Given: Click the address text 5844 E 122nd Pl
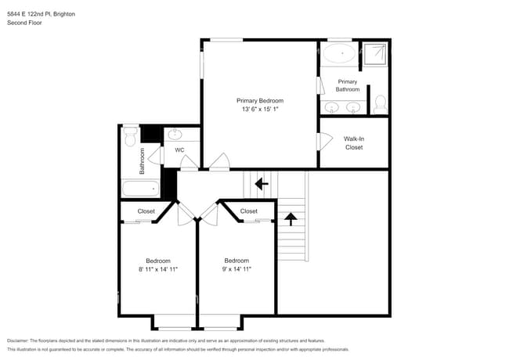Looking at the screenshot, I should coord(32,13).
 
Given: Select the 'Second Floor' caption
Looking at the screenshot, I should coord(23,23).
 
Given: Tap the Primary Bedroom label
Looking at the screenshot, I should coord(260,101).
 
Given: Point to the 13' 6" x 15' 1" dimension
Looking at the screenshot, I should coord(260,110).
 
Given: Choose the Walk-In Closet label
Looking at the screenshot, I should coord(354,142).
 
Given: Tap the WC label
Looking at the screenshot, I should coord(179,149).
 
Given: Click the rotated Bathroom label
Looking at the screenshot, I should coord(143,161).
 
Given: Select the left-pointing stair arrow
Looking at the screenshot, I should coord(261,185).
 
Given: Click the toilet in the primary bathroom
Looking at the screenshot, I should coord(380,103).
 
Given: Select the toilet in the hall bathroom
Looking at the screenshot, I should coord(130,139).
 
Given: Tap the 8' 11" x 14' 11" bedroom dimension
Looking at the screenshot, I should coord(157,269).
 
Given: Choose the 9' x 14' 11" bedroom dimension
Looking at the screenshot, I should coord(236,269).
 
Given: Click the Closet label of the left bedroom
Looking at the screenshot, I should coord(146,211).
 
